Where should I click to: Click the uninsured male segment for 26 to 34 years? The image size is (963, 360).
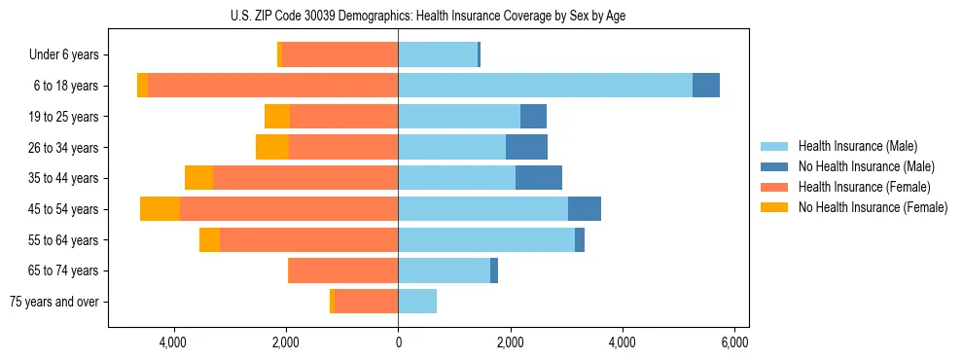[x=526, y=147]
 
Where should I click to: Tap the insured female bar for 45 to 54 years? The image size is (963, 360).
[x=289, y=209]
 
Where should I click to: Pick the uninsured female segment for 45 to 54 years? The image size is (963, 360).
[x=160, y=209]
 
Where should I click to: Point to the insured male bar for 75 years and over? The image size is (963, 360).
[x=417, y=302]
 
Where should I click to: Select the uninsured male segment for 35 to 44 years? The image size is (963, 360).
[x=539, y=178]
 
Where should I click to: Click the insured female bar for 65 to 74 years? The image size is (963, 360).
[x=343, y=270]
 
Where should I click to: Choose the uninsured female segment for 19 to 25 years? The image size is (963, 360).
[x=277, y=117]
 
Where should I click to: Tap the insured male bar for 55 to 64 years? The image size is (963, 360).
[x=486, y=239]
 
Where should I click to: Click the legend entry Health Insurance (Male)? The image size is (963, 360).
[x=857, y=146]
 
